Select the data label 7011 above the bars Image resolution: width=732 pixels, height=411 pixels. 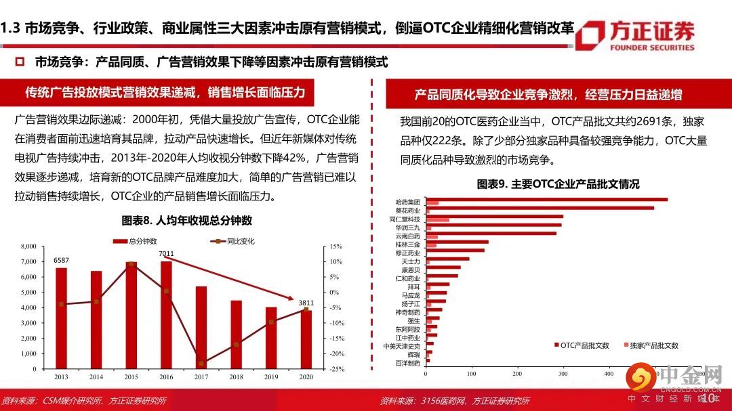(x=167, y=254)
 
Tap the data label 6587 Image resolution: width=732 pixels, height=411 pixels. (x=62, y=260)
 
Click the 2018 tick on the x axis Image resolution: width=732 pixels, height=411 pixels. (x=236, y=376)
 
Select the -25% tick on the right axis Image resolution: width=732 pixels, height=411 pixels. (x=337, y=369)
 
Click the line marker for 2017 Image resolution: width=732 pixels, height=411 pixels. (x=201, y=364)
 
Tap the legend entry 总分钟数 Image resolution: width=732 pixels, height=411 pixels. (x=140, y=241)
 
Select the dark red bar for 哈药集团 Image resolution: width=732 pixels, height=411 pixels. (x=546, y=199)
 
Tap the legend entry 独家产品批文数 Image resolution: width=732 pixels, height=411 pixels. (x=653, y=345)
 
